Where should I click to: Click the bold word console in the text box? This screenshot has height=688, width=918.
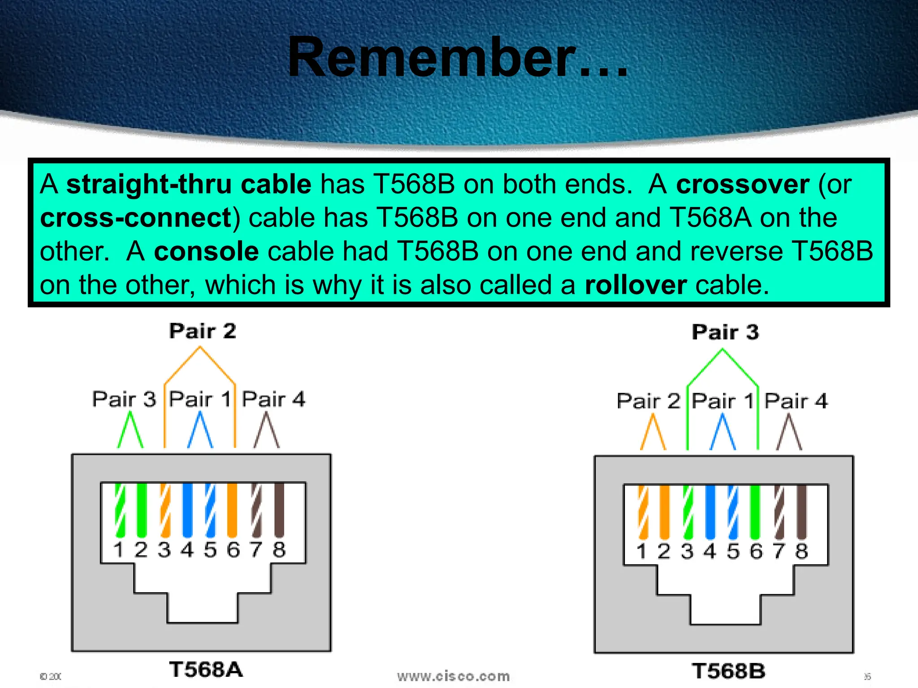point(206,251)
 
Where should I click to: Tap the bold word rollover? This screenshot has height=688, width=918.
point(636,285)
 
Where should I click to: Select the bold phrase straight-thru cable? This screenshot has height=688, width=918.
point(189,184)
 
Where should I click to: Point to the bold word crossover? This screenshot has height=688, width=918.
point(743,184)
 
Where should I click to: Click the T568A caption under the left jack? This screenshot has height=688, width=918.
point(206,670)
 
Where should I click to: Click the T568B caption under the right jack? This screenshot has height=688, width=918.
point(728,671)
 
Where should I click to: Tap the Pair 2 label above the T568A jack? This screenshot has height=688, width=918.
point(203,331)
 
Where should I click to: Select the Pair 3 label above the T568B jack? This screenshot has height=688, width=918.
point(725,332)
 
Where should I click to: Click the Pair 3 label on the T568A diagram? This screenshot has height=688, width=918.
point(124,399)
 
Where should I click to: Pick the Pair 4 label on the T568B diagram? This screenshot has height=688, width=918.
point(796,400)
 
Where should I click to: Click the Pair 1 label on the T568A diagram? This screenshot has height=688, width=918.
point(200,399)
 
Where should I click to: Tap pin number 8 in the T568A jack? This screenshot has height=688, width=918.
point(279,549)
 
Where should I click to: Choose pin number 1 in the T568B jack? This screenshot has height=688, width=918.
point(641,551)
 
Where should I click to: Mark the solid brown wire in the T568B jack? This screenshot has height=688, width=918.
point(802,512)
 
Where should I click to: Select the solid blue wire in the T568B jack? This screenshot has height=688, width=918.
point(710,512)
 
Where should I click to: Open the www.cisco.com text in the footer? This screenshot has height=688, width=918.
point(453,676)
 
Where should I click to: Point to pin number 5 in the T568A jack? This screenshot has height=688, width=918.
point(210,549)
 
